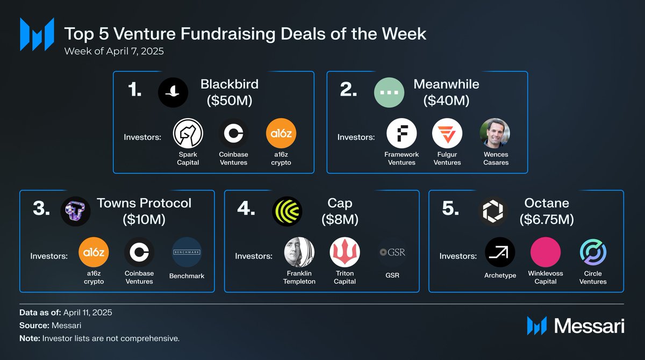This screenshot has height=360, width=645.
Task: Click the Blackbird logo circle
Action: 173,92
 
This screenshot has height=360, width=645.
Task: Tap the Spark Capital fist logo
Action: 188,133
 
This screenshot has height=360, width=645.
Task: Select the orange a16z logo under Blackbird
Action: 281,133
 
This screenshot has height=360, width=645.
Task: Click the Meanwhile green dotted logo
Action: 389,92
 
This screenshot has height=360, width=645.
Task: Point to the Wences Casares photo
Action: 494,133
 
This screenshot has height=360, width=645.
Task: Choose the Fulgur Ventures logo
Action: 447,133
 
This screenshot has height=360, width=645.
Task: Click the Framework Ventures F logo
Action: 402,133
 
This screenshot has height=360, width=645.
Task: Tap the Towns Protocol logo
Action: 75,211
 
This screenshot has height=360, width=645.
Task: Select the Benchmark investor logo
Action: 187,252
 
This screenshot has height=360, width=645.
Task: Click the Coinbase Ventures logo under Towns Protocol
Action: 139,252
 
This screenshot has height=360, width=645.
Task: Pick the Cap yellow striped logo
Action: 287,211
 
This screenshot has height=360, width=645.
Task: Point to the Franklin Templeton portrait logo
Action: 299,252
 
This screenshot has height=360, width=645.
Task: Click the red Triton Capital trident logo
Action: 345,252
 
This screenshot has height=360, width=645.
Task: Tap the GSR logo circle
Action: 392,252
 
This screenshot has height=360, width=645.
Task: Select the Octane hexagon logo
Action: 493,211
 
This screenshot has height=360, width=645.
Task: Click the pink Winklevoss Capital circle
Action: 546,252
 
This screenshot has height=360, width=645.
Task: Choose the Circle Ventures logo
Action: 593,252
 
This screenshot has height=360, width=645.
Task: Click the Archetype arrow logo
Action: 500,252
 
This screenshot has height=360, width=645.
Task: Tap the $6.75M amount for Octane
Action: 547,219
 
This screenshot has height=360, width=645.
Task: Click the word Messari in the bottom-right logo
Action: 589,326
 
